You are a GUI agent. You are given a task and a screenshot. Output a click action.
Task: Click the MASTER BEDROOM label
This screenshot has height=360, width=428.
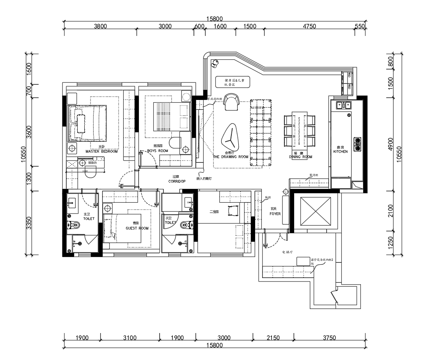click(101, 151)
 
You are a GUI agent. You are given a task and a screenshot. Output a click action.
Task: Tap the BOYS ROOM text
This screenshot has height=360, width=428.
click(158, 151)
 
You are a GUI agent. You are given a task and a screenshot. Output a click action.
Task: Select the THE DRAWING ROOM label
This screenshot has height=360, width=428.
click(231, 157)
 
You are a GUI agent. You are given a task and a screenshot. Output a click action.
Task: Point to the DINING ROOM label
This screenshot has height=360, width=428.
click(301, 157)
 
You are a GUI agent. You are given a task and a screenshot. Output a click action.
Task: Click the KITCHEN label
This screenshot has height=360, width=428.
click(340, 151)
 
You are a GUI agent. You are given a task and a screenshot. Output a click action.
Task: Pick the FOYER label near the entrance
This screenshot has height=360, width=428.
click(275, 214)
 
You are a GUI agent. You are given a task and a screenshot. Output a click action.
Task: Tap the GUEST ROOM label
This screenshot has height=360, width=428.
click(137, 228)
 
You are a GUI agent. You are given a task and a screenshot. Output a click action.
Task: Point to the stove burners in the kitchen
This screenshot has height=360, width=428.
click(357, 144)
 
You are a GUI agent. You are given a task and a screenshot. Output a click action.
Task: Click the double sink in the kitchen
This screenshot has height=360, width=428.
click(342, 105)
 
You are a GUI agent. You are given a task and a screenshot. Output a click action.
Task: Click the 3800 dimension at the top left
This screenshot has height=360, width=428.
click(100, 26)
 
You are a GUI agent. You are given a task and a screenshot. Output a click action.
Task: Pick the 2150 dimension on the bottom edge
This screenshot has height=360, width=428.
click(273, 338)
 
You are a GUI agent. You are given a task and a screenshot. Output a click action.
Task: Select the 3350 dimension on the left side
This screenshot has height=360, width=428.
click(28, 223)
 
